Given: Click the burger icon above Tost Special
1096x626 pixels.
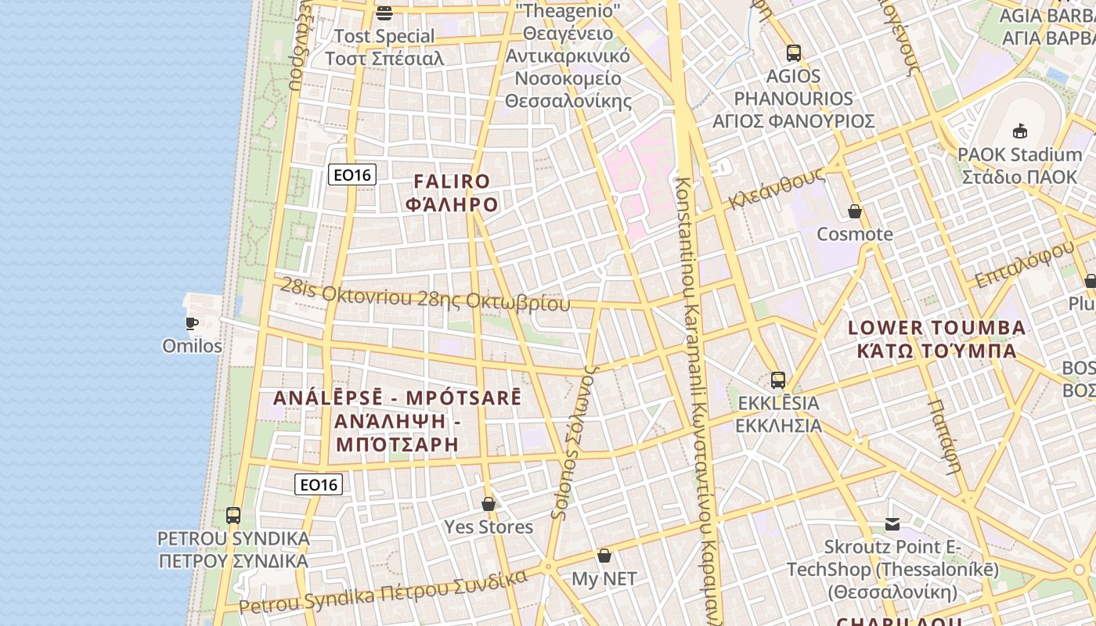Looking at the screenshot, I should point(384,13).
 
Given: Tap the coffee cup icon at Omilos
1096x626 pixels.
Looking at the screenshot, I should point(192,323).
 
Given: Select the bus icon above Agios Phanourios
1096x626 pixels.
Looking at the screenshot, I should point(794,53).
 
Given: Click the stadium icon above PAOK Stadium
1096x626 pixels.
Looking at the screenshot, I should point(1019,131).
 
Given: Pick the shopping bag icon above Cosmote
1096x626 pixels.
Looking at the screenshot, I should point(855,211).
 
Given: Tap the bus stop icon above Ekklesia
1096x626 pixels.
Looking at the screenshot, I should point(777,380).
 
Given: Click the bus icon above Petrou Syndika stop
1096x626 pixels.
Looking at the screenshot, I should point(233,516).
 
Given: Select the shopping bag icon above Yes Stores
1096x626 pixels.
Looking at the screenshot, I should point(489,504).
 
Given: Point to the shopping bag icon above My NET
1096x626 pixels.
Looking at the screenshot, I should point(604,556).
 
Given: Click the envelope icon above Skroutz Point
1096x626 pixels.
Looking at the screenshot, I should point(892,524).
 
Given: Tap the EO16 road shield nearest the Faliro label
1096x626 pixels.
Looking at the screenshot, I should point(352,174).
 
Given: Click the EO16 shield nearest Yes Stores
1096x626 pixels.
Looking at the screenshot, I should point(319,485).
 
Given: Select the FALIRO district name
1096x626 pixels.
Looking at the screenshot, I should point(452,182).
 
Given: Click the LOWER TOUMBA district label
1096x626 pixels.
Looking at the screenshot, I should point(936,328).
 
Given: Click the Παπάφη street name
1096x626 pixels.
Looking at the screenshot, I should point(944,437).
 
